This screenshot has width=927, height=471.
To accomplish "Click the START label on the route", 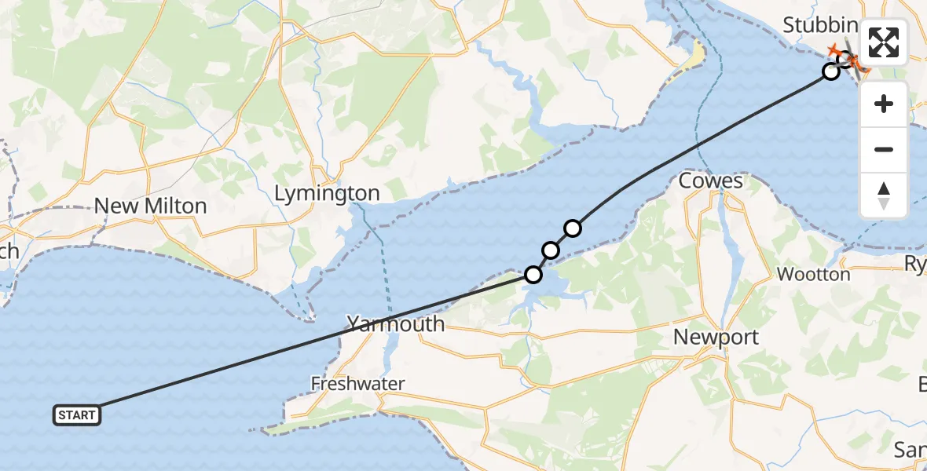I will point(77,415).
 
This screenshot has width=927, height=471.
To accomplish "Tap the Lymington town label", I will point(328,193).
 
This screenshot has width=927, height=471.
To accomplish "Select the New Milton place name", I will point(150,206).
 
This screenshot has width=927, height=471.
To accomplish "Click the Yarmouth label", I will point(396,323).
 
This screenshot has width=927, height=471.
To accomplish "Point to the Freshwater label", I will point(357,384).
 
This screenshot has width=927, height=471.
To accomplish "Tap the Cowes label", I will point(710,181).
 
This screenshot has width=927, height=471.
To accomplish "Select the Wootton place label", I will point(813,275).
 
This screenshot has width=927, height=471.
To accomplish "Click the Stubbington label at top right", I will point(821,26).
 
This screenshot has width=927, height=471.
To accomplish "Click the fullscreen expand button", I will point(884,42).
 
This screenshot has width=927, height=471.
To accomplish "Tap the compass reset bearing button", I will point(884,195).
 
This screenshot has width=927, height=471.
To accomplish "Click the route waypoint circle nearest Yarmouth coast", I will point(533,275).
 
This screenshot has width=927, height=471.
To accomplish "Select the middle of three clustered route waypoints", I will point(551,250).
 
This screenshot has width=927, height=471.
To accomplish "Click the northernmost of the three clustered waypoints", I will point(573,228).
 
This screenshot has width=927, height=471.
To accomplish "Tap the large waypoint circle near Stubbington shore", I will point(830,71).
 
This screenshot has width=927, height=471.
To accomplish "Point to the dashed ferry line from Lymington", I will point(385,259).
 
